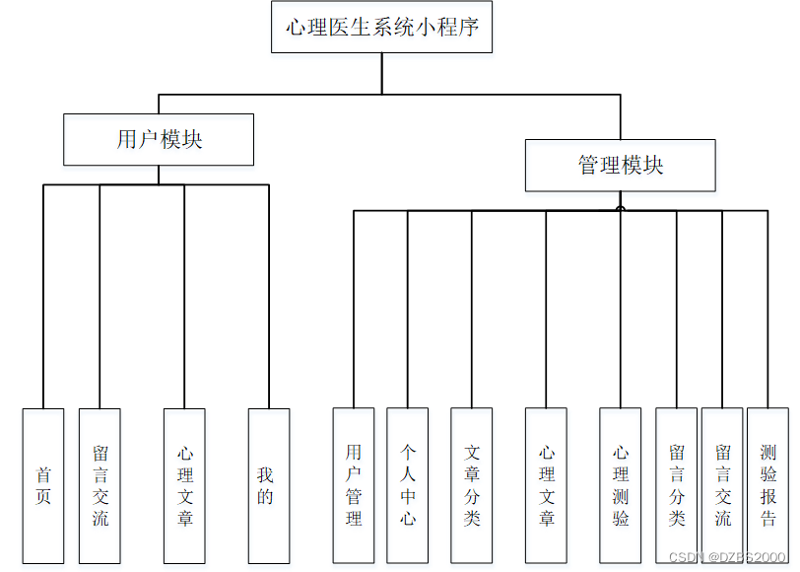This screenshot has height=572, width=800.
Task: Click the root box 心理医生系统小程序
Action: click(381, 28)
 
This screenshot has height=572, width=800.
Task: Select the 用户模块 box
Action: click(159, 139)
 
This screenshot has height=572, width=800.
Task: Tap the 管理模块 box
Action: click(620, 165)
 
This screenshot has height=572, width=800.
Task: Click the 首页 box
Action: click(42, 485)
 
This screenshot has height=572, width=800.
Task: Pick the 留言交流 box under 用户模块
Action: click(100, 485)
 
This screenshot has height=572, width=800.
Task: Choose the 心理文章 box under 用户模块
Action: click(184, 485)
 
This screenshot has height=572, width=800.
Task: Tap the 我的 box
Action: click(268, 485)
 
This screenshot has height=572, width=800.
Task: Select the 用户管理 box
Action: click(354, 485)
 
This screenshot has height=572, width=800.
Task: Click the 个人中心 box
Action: click(408, 485)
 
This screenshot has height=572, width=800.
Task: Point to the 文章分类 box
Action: click(472, 485)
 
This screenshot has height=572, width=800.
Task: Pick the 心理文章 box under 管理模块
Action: click(546, 485)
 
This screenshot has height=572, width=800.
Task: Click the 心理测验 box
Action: click(621, 485)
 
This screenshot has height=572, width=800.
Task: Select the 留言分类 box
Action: click(676, 485)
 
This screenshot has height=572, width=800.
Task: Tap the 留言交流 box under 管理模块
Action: click(722, 485)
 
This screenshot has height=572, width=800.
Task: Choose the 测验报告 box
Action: click(767, 485)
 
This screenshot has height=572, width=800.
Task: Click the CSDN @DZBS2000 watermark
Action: click(727, 557)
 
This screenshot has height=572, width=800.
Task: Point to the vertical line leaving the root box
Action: click(382, 73)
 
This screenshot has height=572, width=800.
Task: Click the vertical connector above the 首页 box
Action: click(43, 296)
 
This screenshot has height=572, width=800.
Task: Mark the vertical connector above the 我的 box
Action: click(269, 296)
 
